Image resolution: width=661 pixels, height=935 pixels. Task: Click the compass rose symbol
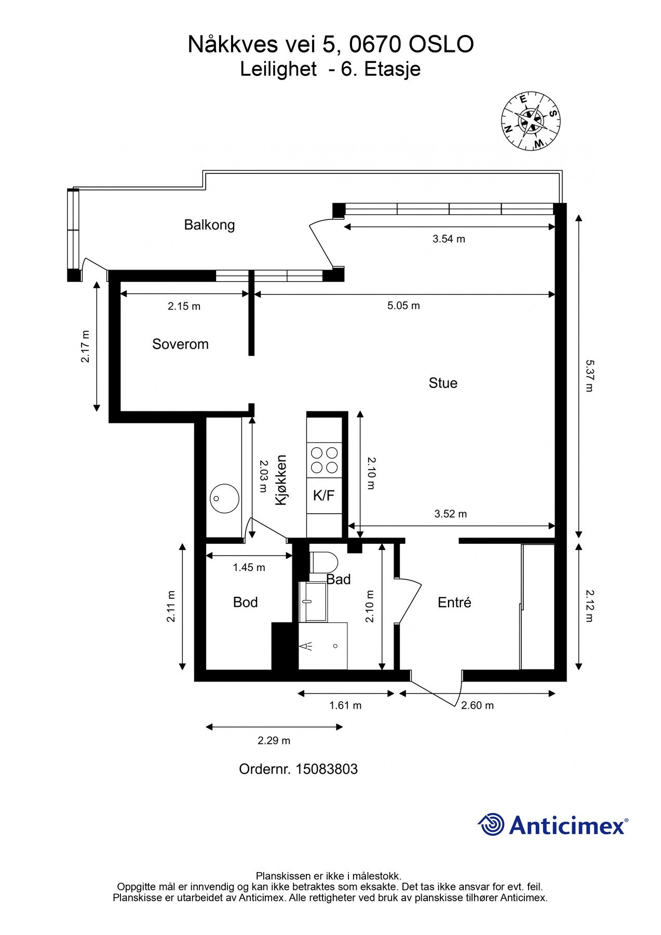pyautogui.click(x=531, y=121)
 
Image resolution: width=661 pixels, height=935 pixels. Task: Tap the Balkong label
pyautogui.click(x=209, y=225)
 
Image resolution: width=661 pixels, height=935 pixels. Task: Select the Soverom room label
pyautogui.click(x=180, y=344)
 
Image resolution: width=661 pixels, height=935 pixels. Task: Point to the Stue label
pyautogui.click(x=443, y=383)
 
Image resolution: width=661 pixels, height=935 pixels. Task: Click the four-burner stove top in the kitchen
pyautogui.click(x=324, y=460)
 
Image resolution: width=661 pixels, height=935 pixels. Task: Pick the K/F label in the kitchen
pyautogui.click(x=323, y=496)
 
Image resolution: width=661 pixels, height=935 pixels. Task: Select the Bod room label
pyautogui.click(x=245, y=602)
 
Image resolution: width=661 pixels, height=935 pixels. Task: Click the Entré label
pyautogui.click(x=454, y=602)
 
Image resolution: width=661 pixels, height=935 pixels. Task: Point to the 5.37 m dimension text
pyautogui.click(x=589, y=376)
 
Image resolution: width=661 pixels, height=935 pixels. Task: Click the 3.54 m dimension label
pyautogui.click(x=449, y=239)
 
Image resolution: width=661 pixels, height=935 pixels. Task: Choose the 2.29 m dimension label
pyautogui.click(x=274, y=741)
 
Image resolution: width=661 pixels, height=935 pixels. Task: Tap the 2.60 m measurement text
pyautogui.click(x=477, y=705)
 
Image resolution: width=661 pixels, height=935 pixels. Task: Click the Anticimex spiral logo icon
pyautogui.click(x=491, y=824)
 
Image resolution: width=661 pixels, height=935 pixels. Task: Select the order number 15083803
pyautogui.click(x=327, y=769)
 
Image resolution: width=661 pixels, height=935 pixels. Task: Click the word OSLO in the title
pyautogui.click(x=441, y=45)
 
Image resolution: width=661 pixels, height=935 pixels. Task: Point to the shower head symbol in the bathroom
pyautogui.click(x=307, y=646)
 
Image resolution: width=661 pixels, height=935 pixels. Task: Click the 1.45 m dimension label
pyautogui.click(x=249, y=568)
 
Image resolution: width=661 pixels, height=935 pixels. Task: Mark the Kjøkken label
pyautogui.click(x=281, y=480)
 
